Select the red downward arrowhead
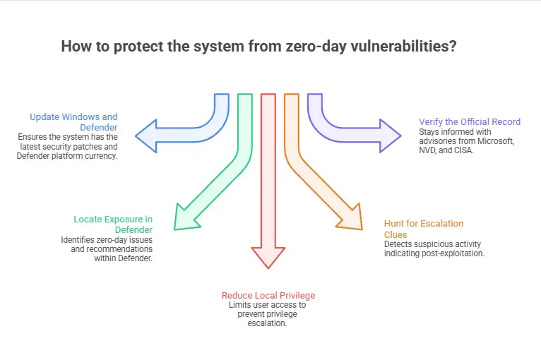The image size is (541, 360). pyautogui.click(x=268, y=256)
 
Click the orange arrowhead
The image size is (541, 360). pyautogui.click(x=354, y=216)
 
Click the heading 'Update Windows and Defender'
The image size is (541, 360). pyautogui.click(x=73, y=121)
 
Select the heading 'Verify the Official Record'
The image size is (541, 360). pyautogui.click(x=470, y=121)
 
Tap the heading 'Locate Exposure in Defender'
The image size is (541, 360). pyautogui.click(x=114, y=224)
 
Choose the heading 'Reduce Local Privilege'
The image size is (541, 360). pyautogui.click(x=268, y=295)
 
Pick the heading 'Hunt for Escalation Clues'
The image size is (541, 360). pyautogui.click(x=424, y=229)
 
